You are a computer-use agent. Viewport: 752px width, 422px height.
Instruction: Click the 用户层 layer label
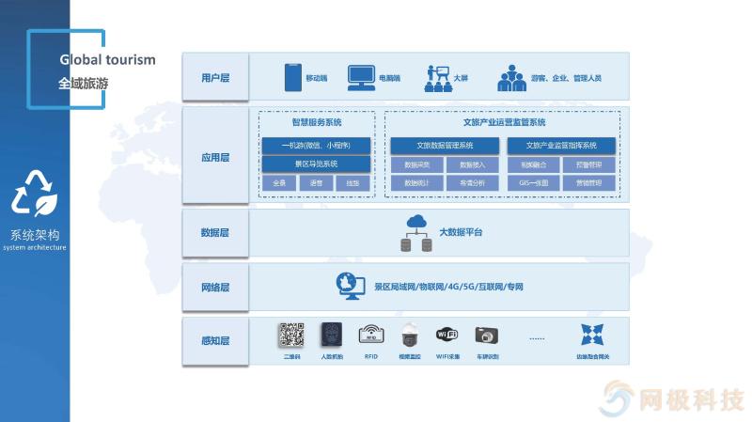pyautogui.click(x=214, y=78)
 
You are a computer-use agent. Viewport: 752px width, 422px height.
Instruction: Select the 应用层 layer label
pyautogui.click(x=214, y=157)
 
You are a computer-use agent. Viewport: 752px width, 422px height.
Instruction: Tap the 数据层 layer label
pyautogui.click(x=214, y=232)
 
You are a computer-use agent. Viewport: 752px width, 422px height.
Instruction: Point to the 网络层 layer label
pyautogui.click(x=214, y=287)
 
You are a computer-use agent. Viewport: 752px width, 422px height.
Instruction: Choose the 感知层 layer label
pyautogui.click(x=214, y=340)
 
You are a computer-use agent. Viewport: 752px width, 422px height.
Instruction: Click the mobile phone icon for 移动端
pyautogui.click(x=292, y=77)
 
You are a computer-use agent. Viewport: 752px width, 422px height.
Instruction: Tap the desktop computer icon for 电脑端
pyautogui.click(x=361, y=77)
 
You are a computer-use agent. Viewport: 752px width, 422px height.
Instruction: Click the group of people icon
pyautogui.click(x=511, y=77)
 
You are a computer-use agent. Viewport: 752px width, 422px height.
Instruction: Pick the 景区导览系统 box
pyautogui.click(x=316, y=164)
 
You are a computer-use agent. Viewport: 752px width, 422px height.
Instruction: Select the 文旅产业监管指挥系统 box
pyautogui.click(x=561, y=146)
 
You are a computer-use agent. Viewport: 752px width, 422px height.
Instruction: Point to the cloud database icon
pyautogui.click(x=415, y=232)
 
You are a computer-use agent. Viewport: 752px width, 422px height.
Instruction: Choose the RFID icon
pyautogui.click(x=370, y=336)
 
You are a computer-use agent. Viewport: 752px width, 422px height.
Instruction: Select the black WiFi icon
pyautogui.click(x=446, y=335)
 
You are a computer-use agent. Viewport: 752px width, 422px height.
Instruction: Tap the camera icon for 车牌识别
pyautogui.click(x=486, y=336)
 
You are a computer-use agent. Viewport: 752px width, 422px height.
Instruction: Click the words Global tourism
pyautogui.click(x=108, y=59)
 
